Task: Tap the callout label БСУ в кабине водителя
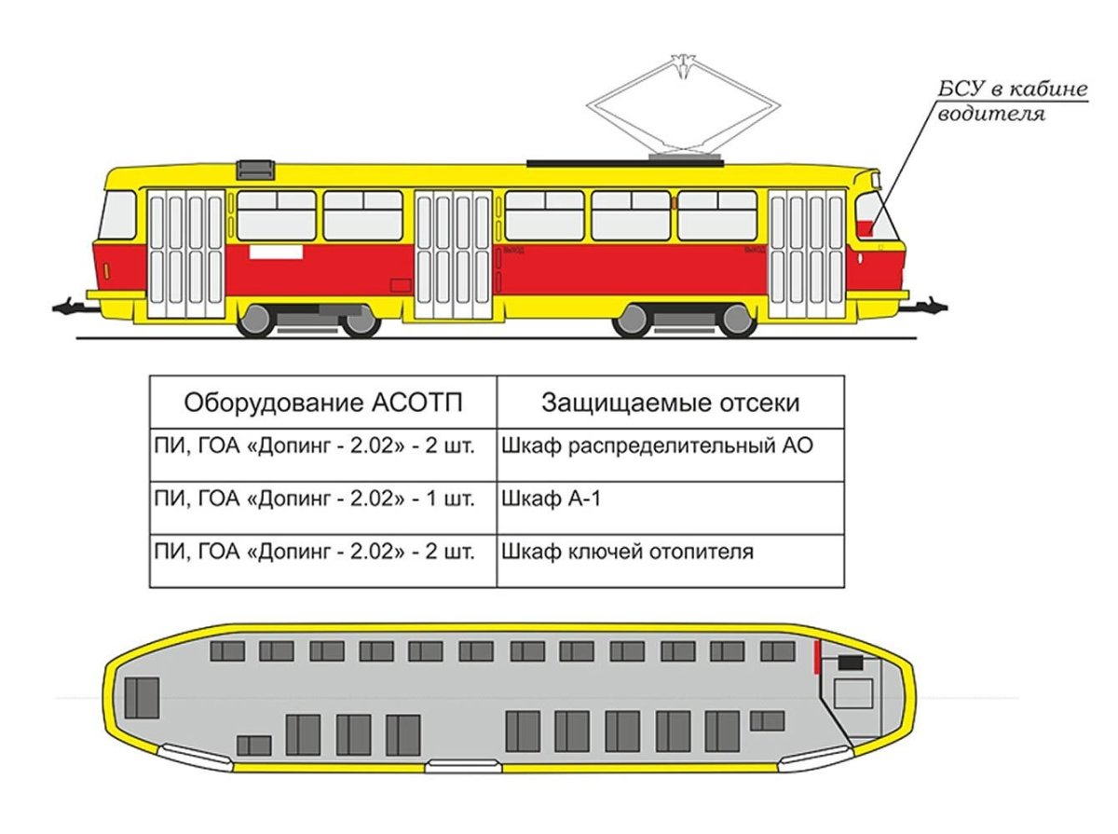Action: click(x=1011, y=103)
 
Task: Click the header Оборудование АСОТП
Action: click(x=322, y=403)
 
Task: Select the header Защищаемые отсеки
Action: click(x=670, y=403)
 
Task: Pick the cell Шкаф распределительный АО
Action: click(x=657, y=445)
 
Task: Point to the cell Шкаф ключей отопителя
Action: click(x=627, y=552)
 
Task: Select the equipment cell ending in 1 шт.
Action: click(x=315, y=499)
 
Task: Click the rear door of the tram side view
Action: click(x=186, y=253)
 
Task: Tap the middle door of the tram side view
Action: click(x=454, y=254)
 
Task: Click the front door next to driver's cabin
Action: click(x=807, y=253)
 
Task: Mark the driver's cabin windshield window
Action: click(x=876, y=217)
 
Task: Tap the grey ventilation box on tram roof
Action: click(x=256, y=170)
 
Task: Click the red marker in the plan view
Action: click(x=816, y=656)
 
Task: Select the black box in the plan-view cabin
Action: click(x=851, y=663)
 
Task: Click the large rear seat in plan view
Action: click(x=143, y=698)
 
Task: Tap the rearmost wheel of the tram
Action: click(x=255, y=321)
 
